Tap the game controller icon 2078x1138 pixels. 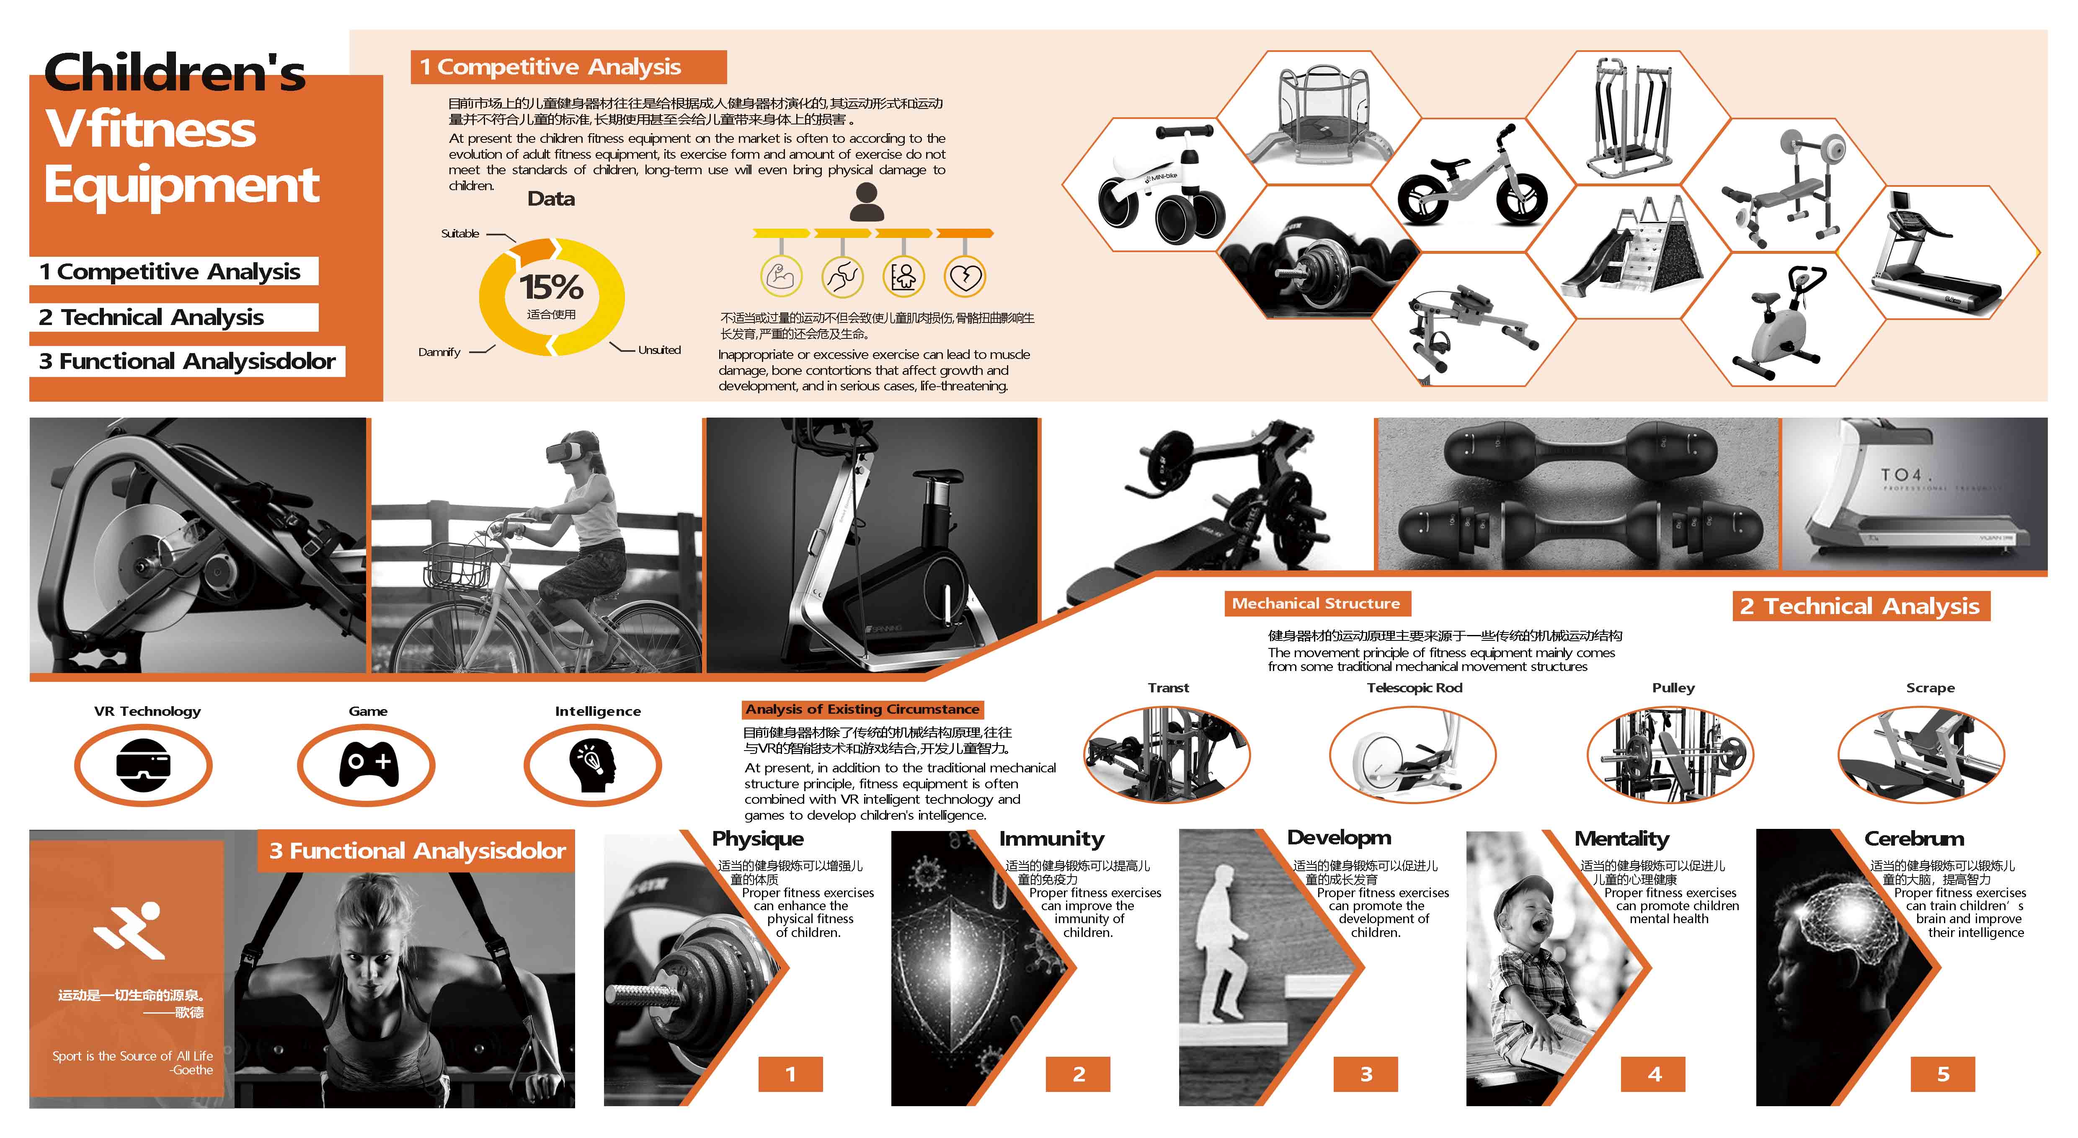369,764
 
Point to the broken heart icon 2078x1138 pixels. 965,276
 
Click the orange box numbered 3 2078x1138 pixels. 1365,1073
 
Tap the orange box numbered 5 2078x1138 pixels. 1942,1073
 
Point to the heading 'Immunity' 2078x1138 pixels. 1051,839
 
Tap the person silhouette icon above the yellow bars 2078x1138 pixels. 866,201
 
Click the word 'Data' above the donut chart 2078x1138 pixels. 551,199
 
